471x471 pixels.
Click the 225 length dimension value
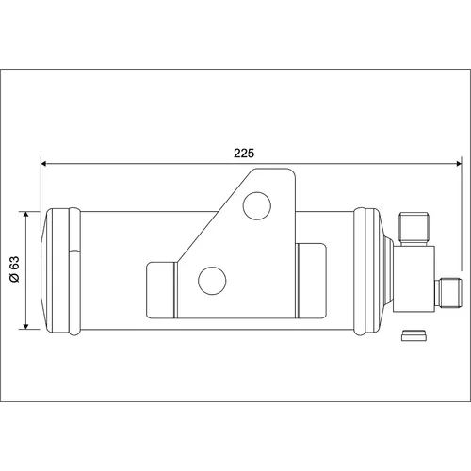point(244,154)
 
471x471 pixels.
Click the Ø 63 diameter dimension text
point(14,269)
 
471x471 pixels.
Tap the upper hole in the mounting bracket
point(257,206)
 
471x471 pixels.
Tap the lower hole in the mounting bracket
point(212,281)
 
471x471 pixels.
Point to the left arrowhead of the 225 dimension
point(44,164)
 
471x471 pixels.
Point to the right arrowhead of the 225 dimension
point(459,164)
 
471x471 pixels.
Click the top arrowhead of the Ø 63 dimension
point(26,215)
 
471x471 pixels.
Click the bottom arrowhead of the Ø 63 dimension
point(26,326)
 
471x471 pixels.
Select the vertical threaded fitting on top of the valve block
point(414,229)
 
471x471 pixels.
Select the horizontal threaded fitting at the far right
point(448,293)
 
